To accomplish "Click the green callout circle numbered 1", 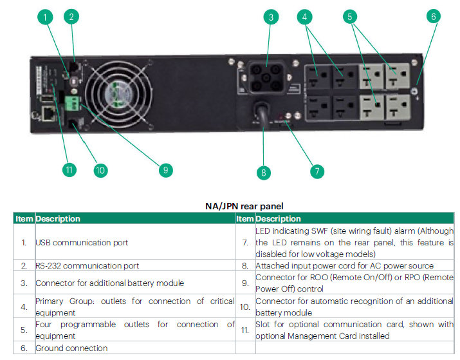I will (x=45, y=17).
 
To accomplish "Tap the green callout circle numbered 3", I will (x=271, y=17).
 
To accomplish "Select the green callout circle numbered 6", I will (x=434, y=16).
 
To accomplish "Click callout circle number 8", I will (x=262, y=172).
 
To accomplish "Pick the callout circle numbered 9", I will (x=165, y=170).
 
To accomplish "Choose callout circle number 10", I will (x=100, y=170).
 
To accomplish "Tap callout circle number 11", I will (x=69, y=170).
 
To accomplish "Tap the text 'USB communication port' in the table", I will (x=82, y=243).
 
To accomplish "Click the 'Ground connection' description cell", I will (x=71, y=348).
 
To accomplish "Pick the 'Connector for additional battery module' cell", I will (x=109, y=283).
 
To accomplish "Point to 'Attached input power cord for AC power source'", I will (x=344, y=265).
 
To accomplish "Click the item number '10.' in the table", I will (x=244, y=307).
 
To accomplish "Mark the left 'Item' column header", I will (x=24, y=219).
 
